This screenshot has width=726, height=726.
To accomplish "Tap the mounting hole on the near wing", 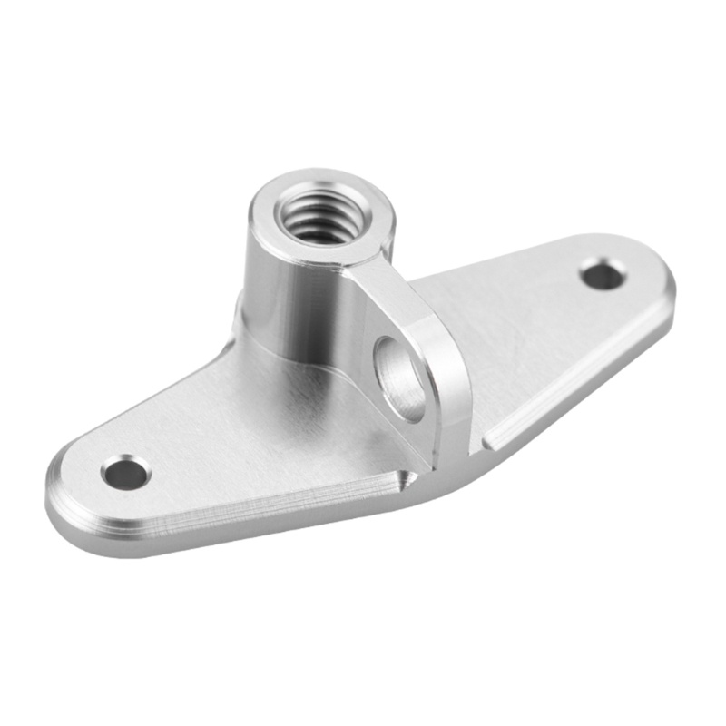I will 125,472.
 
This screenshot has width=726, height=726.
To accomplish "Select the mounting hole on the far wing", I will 602,274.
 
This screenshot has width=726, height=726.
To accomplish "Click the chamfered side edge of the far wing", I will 581,381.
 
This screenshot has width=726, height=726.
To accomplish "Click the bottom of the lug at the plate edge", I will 445,458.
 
